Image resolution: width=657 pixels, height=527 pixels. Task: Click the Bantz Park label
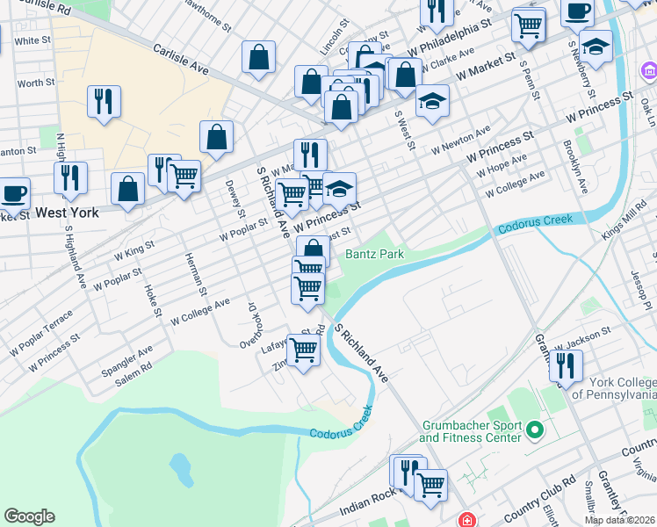coord(373,254)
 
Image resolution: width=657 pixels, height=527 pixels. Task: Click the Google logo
coord(29,516)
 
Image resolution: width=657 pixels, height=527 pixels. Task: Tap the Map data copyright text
coord(620,520)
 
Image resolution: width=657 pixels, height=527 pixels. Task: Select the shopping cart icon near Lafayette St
coord(304,350)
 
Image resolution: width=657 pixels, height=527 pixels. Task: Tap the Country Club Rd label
coord(545,488)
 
